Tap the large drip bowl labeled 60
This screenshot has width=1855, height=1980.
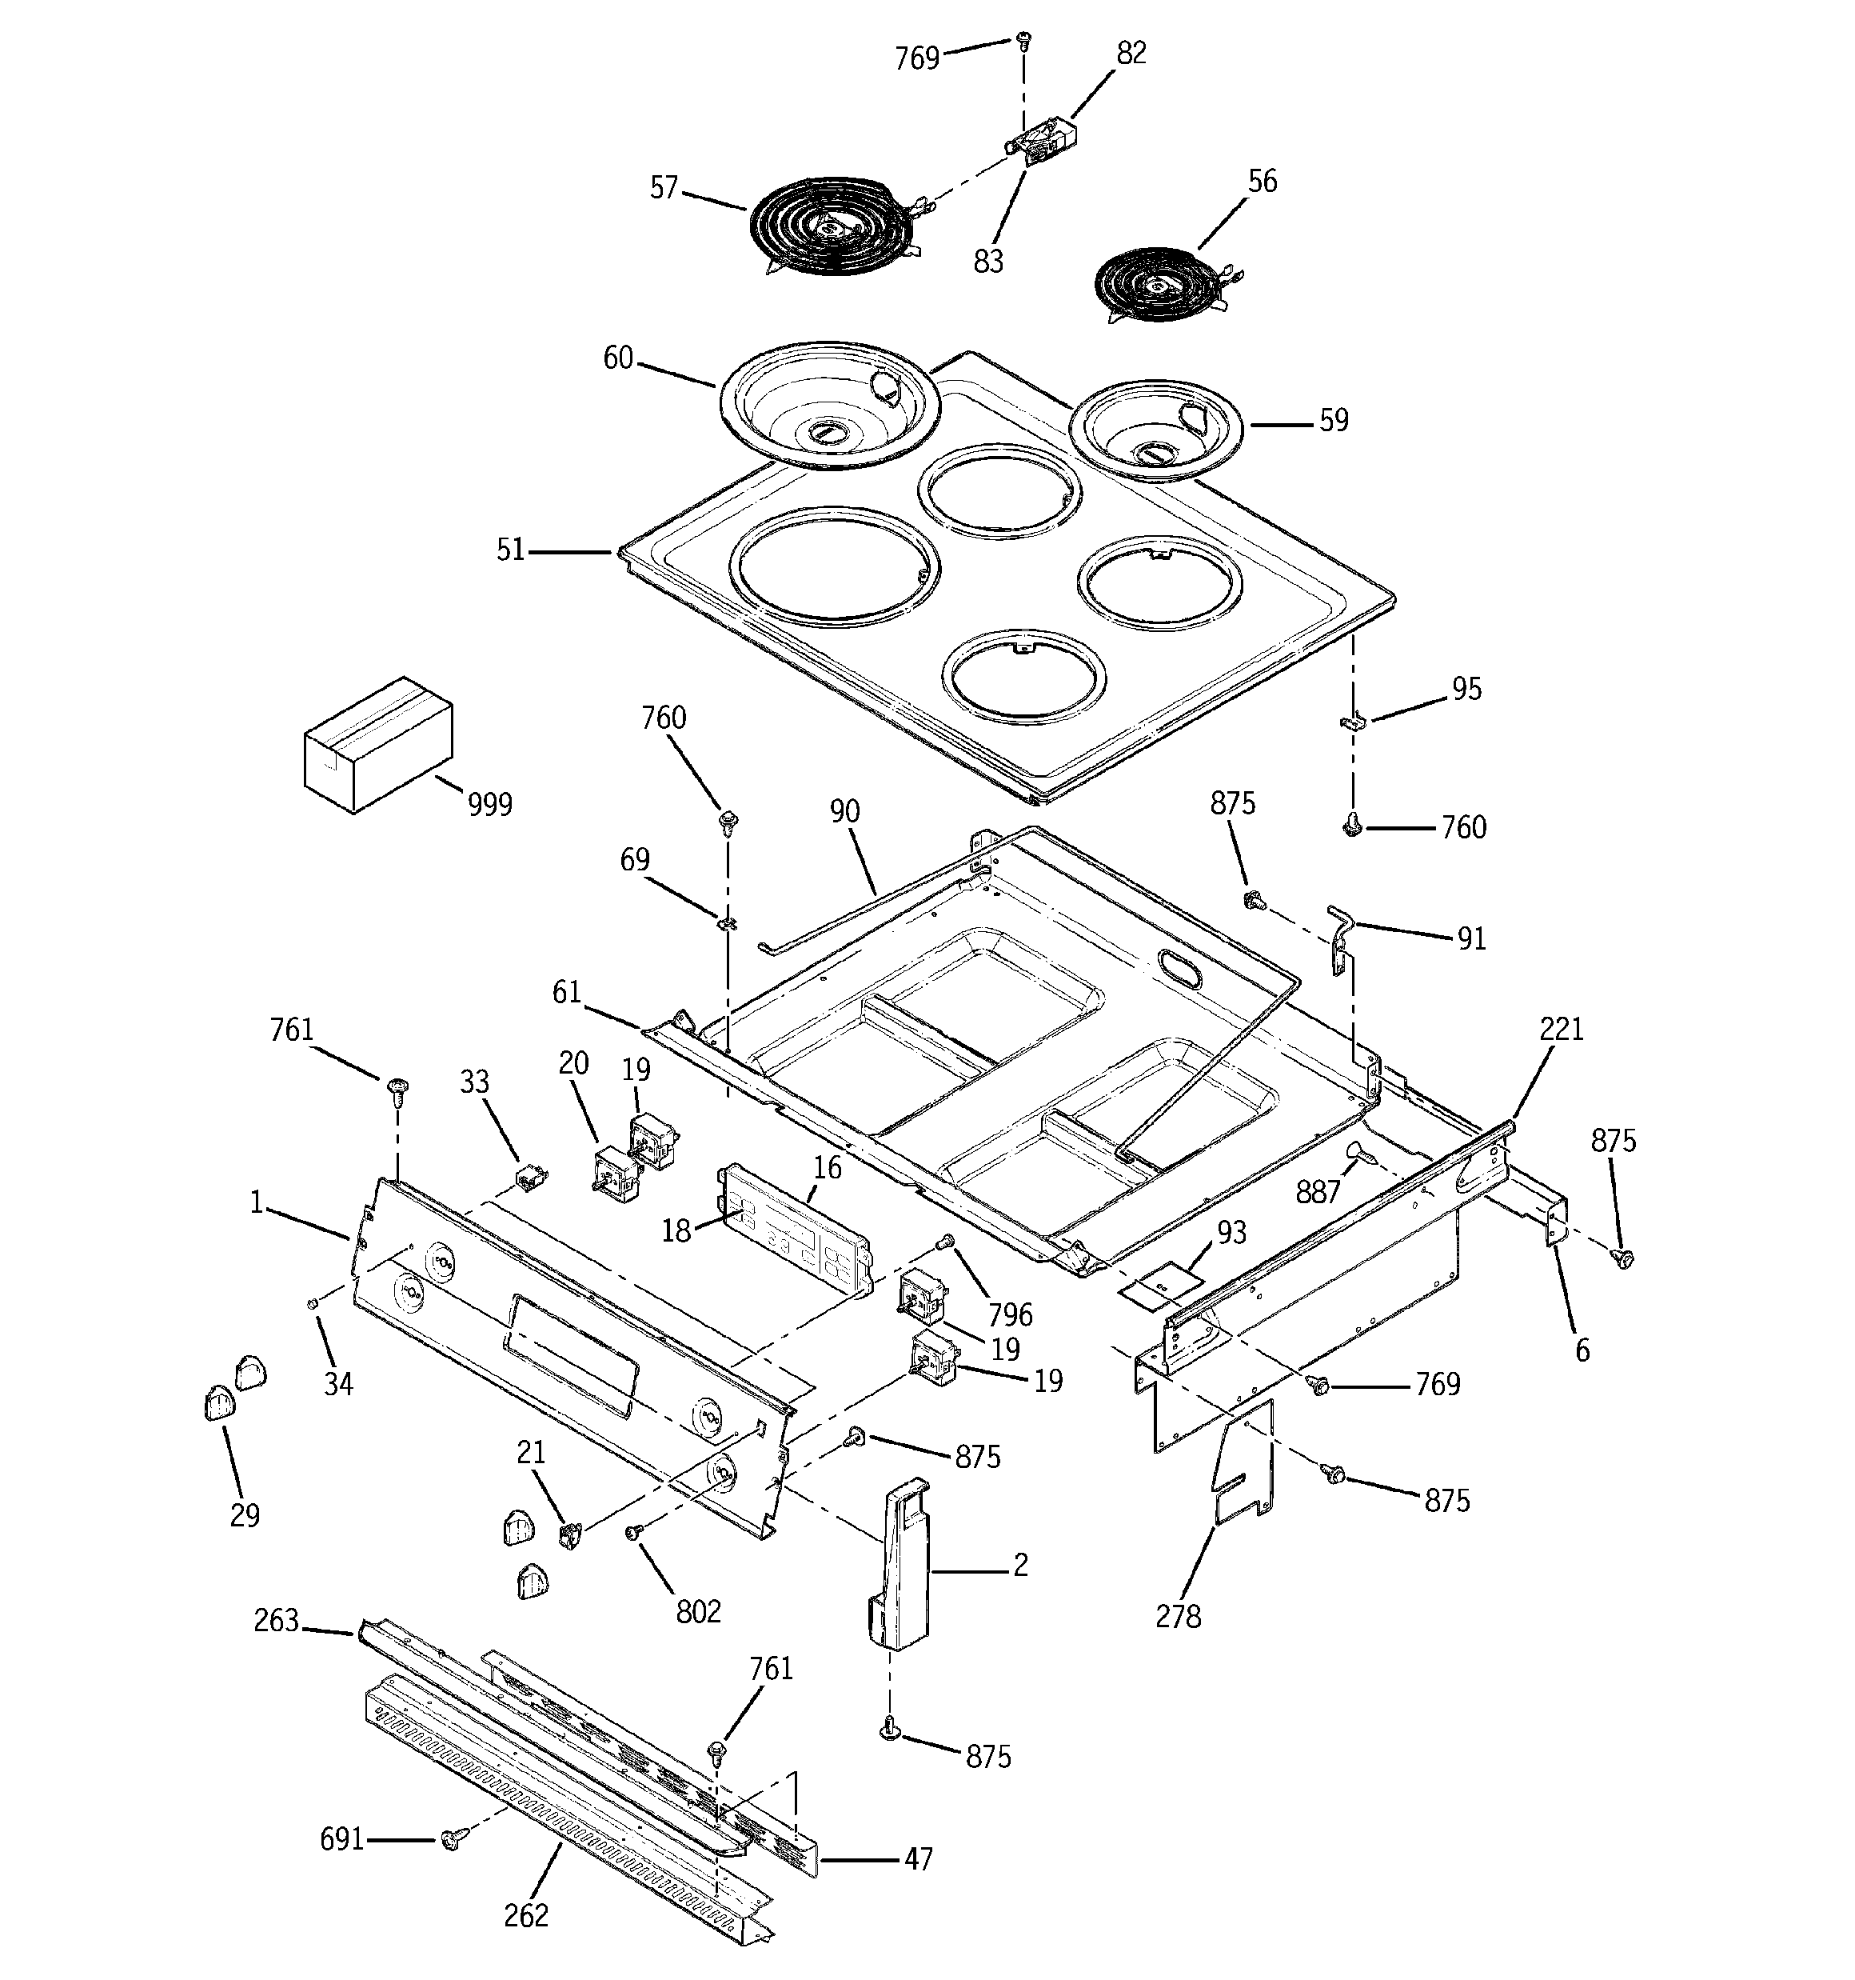pyautogui.click(x=828, y=410)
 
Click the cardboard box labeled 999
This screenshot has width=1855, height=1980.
pyautogui.click(x=377, y=744)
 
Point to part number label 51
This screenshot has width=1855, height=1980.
pyautogui.click(x=510, y=550)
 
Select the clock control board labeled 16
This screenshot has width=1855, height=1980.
pyautogui.click(x=796, y=1233)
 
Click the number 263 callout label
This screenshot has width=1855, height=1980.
pyautogui.click(x=276, y=1621)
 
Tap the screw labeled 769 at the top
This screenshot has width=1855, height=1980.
pyautogui.click(x=1023, y=40)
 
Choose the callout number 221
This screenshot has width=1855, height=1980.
pyautogui.click(x=1560, y=1028)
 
